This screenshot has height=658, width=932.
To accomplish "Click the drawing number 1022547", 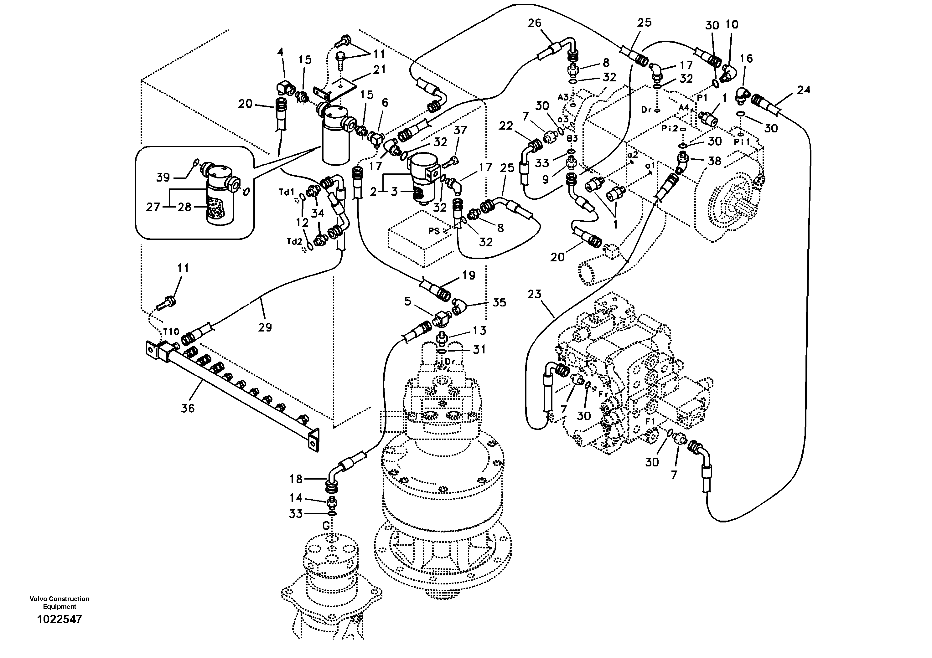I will click(x=59, y=619).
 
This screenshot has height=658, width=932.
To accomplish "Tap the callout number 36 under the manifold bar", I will click(x=188, y=408).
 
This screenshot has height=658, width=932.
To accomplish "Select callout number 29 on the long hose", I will click(x=265, y=327).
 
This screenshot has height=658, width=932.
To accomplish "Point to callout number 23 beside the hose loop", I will click(x=535, y=294).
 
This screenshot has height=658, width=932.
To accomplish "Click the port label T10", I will click(x=171, y=332).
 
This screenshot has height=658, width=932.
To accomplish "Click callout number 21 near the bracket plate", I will click(x=380, y=69).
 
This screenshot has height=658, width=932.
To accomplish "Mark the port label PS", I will click(x=434, y=231).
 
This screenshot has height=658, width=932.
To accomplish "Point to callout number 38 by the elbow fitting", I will click(x=714, y=161).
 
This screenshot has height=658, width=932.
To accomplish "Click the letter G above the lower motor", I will click(x=326, y=526).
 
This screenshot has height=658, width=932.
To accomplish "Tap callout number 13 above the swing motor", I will click(x=479, y=331).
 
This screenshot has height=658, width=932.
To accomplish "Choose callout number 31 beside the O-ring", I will click(x=479, y=349).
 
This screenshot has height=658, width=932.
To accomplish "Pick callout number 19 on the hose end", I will click(x=469, y=275).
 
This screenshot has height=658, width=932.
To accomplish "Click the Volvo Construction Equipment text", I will click(x=59, y=602).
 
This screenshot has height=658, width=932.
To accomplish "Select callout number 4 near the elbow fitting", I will click(x=280, y=52).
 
